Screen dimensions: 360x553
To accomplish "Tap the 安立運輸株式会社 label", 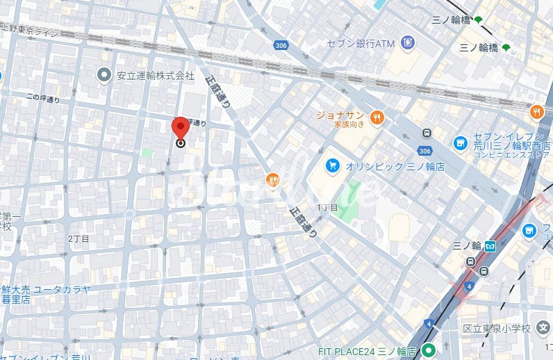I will (156, 75).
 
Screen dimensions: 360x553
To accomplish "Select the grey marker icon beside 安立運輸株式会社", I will (105, 74).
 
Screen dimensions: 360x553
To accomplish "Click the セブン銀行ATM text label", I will (361, 44).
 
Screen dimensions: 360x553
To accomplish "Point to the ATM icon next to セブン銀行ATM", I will (407, 44).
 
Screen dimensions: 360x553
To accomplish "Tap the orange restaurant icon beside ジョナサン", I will (377, 117).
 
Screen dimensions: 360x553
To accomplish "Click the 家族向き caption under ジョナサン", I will (349, 126).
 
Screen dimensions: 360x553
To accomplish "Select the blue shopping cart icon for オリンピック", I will (333, 165).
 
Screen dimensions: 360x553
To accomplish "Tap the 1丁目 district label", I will (327, 207).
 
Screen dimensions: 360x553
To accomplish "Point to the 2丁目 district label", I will (79, 238).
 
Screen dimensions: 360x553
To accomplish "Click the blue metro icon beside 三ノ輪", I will (490, 245).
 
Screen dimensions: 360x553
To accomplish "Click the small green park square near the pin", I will (147, 152).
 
